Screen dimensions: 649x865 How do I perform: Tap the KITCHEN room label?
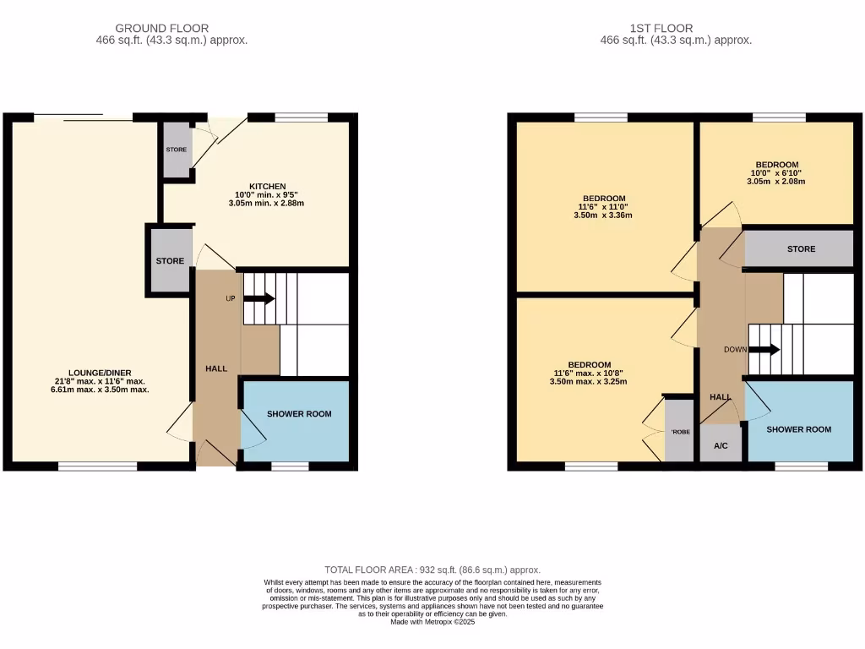[267, 187]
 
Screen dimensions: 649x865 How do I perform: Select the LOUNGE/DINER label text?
[100, 373]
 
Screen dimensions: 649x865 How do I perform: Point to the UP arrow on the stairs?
[259, 298]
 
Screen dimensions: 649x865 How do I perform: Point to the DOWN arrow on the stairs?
[763, 349]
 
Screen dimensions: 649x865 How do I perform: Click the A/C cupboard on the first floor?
[721, 445]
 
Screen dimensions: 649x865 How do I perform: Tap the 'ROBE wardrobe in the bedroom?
[679, 432]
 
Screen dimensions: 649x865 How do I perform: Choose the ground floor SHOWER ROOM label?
[299, 414]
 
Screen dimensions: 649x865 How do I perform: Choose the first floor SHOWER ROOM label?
[798, 429]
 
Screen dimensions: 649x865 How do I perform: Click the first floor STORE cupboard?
[801, 249]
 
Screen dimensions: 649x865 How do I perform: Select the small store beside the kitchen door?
[177, 150]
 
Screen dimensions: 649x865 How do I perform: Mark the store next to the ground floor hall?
[170, 261]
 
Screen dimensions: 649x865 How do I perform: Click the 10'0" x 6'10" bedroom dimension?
[775, 173]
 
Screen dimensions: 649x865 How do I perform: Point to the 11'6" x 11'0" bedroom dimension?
[602, 207]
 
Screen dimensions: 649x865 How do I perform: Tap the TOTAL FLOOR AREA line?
[432, 570]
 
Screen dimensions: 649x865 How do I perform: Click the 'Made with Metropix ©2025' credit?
[432, 622]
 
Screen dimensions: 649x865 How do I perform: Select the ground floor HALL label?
[217, 368]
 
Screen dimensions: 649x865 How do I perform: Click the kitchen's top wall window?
[301, 117]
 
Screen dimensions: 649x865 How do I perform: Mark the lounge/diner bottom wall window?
[98, 466]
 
